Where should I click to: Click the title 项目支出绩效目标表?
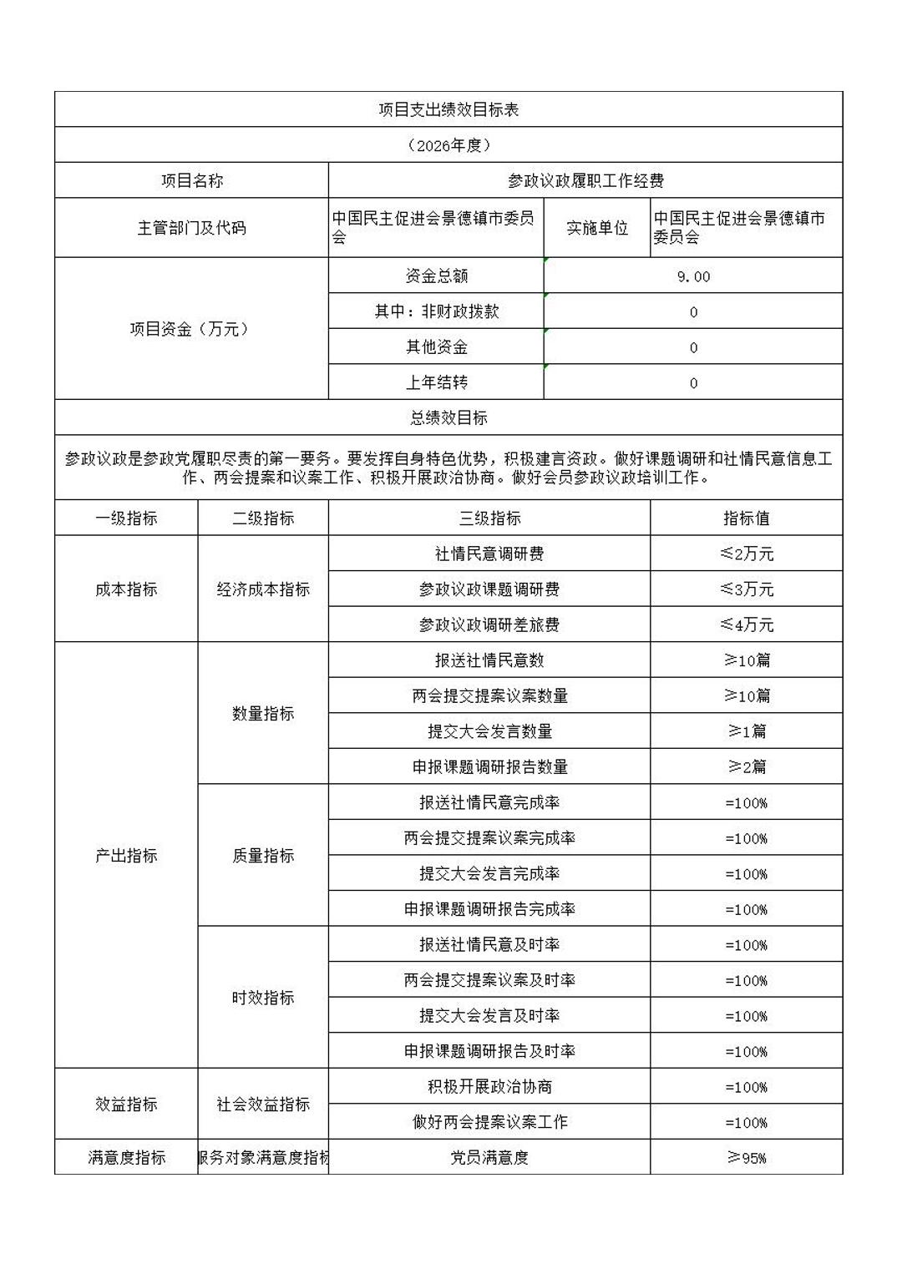tap(448, 109)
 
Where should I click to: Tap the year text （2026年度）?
tap(448, 145)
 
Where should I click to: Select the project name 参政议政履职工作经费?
tap(585, 180)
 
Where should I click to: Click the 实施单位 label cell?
tap(596, 227)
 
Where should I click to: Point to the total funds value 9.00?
tap(693, 276)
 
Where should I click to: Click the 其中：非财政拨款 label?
tap(436, 311)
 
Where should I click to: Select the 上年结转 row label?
tap(436, 382)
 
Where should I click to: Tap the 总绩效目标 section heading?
tap(448, 417)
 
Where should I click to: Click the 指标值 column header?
tap(746, 518)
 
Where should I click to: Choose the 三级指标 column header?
tap(489, 518)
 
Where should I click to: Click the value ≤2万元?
tap(746, 554)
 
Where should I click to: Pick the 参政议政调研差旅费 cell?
tap(489, 624)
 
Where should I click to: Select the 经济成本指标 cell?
tap(263, 589)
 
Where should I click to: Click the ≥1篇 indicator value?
tap(746, 731)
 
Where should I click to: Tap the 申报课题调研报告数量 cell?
tap(489, 766)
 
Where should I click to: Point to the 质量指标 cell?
tap(263, 856)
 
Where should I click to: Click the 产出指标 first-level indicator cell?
tap(126, 856)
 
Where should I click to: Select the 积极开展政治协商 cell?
tap(489, 1087)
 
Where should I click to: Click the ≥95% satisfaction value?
tap(746, 1158)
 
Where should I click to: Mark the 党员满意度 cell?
tap(489, 1158)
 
